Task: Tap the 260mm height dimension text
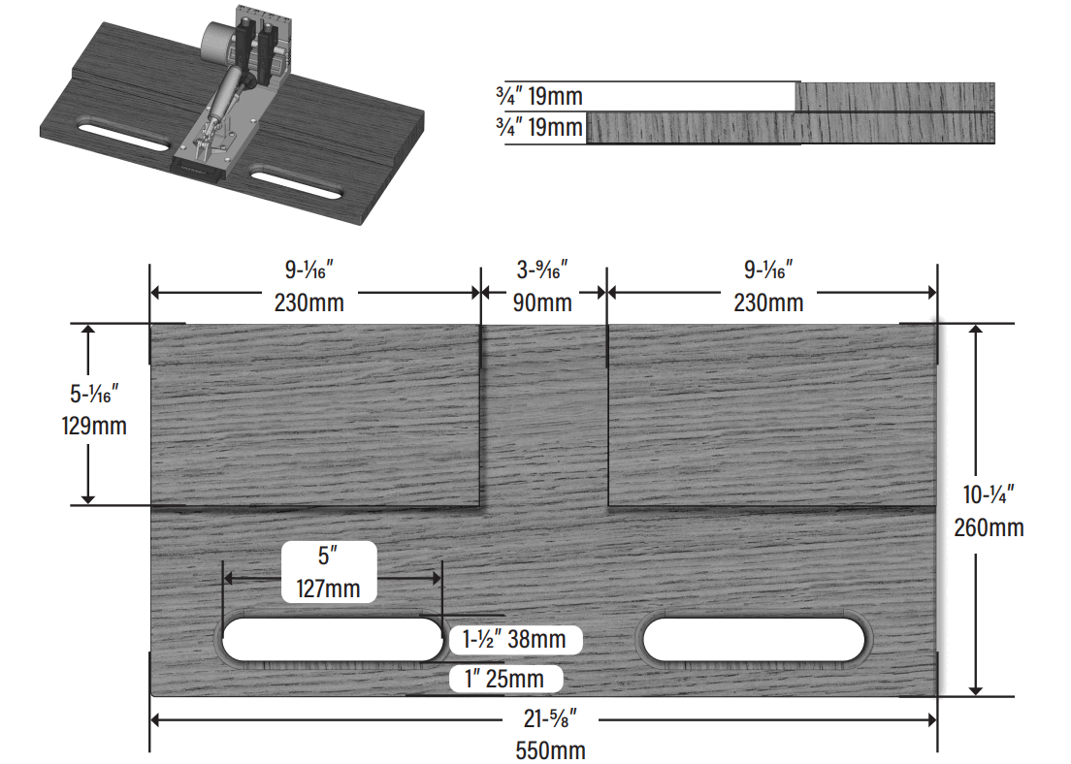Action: tap(990, 528)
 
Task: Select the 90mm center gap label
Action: tap(542, 302)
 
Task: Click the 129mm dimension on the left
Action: tap(94, 425)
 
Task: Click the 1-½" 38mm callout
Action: tap(515, 640)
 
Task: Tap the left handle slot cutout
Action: tap(331, 640)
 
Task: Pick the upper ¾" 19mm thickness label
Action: tap(538, 96)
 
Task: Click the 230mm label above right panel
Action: tap(767, 302)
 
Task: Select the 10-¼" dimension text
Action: tap(990, 494)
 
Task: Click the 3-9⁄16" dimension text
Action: tap(542, 267)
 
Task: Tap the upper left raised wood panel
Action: tap(315, 415)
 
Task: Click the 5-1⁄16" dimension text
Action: tap(94, 393)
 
